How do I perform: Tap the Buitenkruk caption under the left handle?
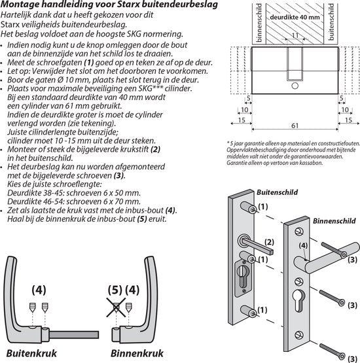pos(30,355)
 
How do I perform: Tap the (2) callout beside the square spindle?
pos(268,243)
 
